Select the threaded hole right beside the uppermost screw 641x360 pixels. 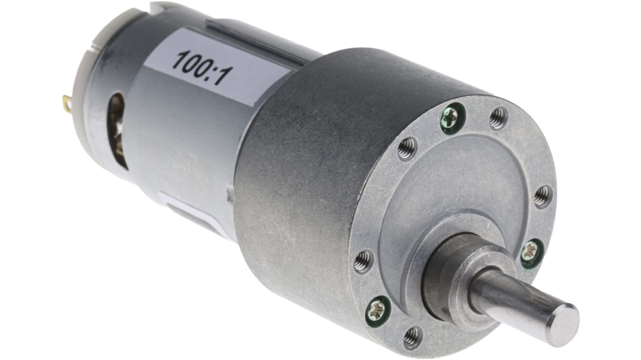pos(498,118)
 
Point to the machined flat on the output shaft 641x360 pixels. pos(506,298)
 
